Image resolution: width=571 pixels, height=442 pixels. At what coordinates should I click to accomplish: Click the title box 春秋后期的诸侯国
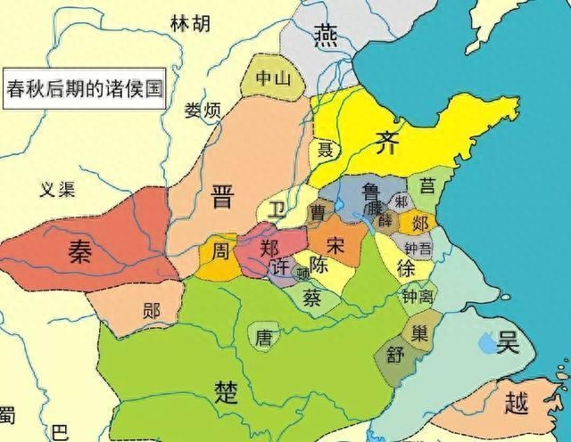click(85, 89)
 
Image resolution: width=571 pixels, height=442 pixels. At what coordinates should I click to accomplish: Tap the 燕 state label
click(325, 35)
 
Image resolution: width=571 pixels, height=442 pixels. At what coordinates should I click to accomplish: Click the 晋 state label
click(224, 197)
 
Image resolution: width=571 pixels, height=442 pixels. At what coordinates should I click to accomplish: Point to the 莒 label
click(429, 185)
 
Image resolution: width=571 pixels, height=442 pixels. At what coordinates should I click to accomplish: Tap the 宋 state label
click(335, 243)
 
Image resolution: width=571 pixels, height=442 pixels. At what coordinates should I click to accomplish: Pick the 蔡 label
click(312, 297)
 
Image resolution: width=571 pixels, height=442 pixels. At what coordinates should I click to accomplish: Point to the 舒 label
click(396, 354)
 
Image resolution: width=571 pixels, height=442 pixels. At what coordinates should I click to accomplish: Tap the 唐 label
click(264, 338)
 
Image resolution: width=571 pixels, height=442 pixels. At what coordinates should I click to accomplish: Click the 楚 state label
click(227, 390)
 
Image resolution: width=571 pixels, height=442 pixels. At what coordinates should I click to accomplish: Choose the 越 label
click(516, 403)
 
